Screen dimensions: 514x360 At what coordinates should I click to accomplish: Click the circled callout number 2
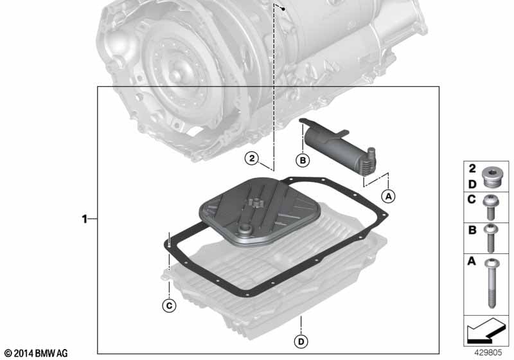252,158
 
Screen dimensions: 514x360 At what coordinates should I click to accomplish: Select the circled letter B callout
303,160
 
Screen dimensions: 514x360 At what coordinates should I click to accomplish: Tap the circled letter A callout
389,196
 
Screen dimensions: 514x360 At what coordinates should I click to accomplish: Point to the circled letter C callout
169,306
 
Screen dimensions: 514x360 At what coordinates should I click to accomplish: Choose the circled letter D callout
301,341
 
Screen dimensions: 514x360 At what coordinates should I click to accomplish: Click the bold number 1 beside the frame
85,219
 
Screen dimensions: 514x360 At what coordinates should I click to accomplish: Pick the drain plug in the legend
490,179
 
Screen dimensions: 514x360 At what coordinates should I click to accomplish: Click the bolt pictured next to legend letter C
491,207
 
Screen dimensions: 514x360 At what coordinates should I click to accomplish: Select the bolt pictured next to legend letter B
490,239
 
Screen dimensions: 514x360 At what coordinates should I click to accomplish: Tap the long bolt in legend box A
492,283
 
